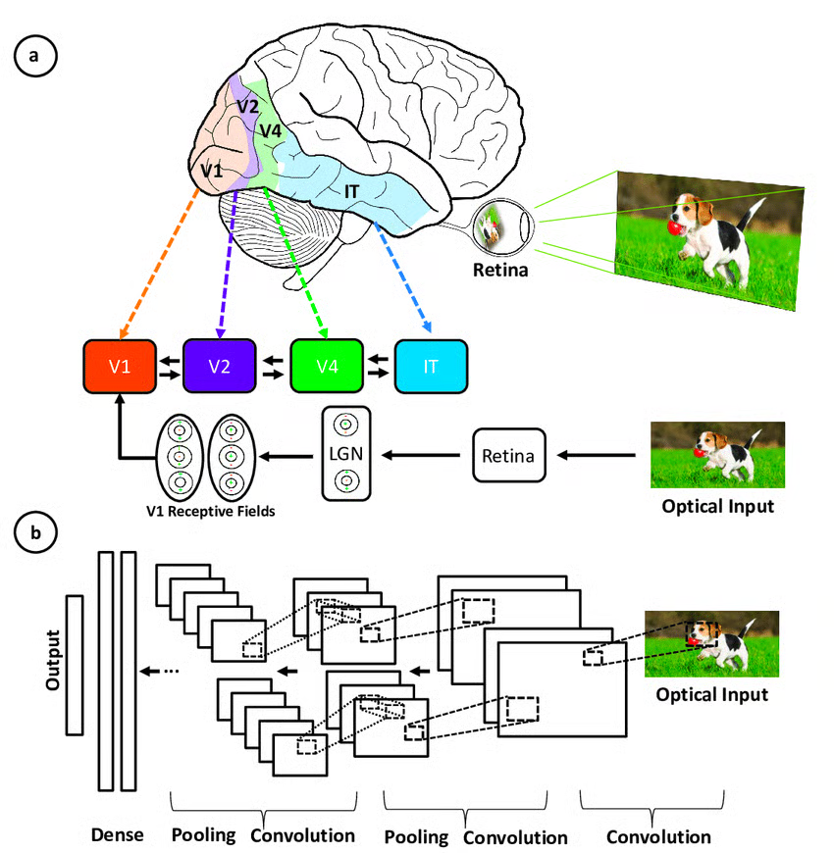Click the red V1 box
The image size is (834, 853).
point(119,367)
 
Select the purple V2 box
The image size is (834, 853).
point(219,367)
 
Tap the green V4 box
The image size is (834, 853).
point(328,367)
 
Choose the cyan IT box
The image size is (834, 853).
point(431,367)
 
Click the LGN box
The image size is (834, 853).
point(345,455)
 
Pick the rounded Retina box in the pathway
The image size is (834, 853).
point(508,455)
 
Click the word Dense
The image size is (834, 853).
point(117,835)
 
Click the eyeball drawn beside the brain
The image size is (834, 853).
point(502,226)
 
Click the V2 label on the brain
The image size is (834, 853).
point(247,105)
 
